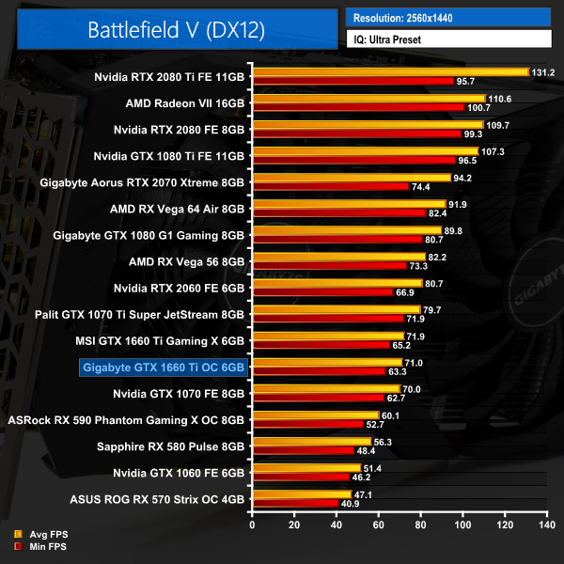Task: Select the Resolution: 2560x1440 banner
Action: tap(447, 18)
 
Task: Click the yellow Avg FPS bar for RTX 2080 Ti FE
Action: tap(390, 71)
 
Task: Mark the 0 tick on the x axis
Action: tap(252, 525)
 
